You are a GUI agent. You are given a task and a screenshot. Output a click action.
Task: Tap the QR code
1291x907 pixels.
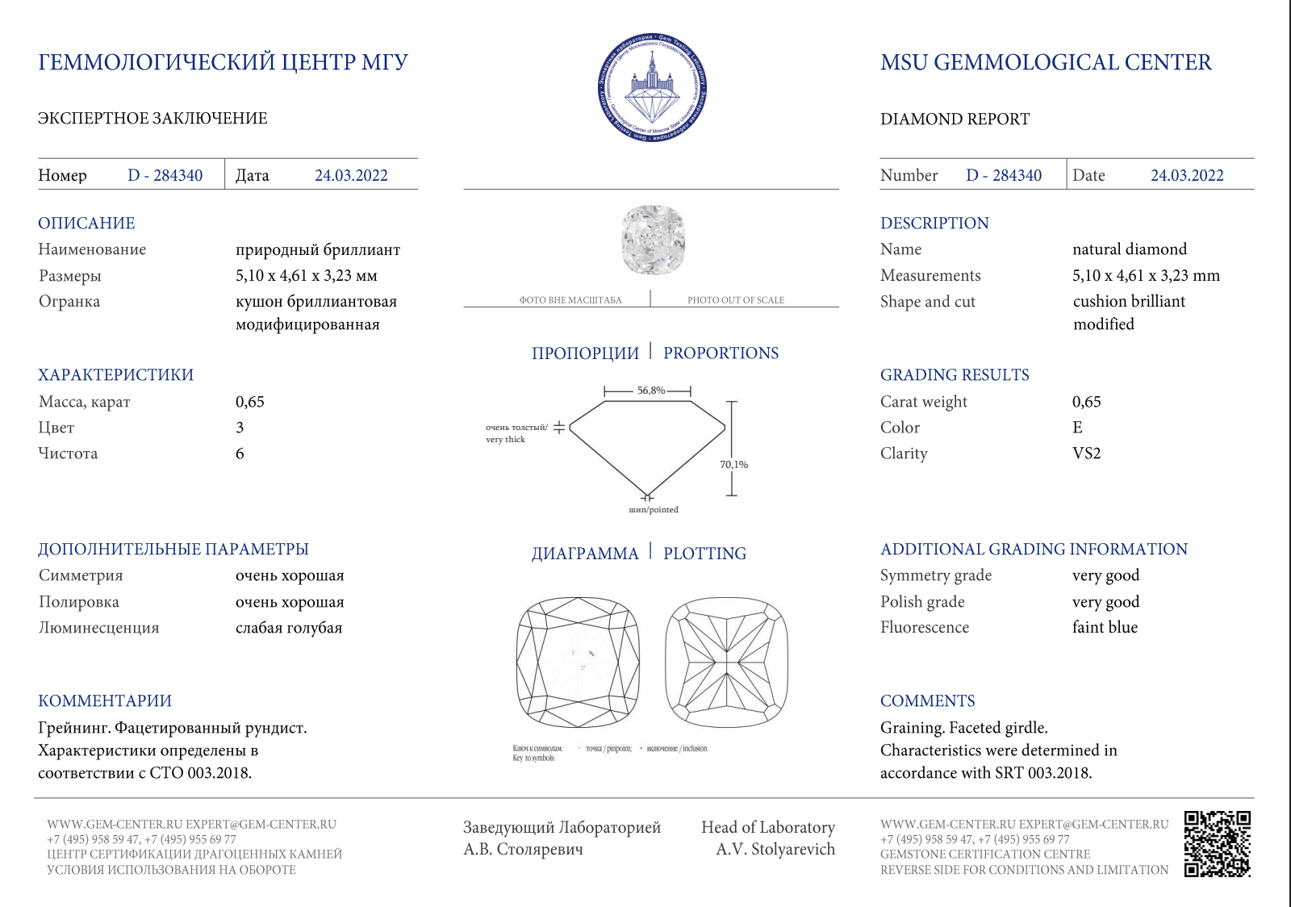click(1217, 844)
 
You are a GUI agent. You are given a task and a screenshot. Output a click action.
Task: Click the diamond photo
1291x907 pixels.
click(653, 240)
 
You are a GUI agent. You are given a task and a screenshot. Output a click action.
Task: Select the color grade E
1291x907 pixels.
click(1077, 428)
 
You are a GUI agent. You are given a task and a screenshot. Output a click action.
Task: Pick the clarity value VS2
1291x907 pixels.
click(1086, 453)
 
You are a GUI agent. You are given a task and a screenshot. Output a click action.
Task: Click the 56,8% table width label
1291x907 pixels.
click(651, 391)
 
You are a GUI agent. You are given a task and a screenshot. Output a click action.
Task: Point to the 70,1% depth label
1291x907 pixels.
click(733, 465)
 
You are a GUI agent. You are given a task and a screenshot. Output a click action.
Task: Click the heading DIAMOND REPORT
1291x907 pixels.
click(955, 119)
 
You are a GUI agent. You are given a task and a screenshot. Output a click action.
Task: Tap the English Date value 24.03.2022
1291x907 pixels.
click(1186, 176)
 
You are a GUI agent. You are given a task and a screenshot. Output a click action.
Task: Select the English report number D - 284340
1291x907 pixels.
click(1004, 176)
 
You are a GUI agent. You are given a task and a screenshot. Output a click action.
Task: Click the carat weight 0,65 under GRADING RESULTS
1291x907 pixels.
click(1086, 402)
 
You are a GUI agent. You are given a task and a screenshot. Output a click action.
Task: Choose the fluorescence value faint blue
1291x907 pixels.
click(1105, 628)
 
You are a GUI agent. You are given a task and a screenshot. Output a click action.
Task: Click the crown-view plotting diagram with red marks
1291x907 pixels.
click(578, 662)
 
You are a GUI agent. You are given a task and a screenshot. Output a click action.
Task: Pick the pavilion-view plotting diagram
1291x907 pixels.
click(726, 662)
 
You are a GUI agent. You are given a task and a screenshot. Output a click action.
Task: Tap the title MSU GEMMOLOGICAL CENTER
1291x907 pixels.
click(1046, 63)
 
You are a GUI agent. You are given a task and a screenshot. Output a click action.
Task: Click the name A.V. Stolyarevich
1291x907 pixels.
click(775, 849)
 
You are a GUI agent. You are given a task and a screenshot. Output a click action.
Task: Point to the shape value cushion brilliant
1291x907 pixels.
click(1129, 302)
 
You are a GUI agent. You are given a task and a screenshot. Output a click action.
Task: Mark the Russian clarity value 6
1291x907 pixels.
click(240, 453)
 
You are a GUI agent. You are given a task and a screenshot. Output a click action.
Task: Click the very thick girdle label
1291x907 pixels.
click(506, 440)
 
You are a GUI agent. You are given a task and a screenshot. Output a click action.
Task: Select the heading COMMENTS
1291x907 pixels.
click(927, 701)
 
